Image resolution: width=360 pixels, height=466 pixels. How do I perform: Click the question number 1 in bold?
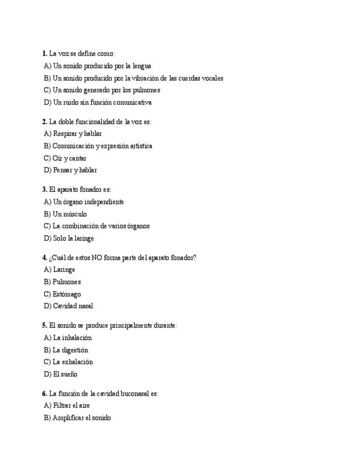tap(44, 53)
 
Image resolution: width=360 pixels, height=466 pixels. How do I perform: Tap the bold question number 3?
tap(44, 189)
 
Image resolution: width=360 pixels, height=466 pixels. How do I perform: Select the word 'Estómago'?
tap(67, 294)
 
